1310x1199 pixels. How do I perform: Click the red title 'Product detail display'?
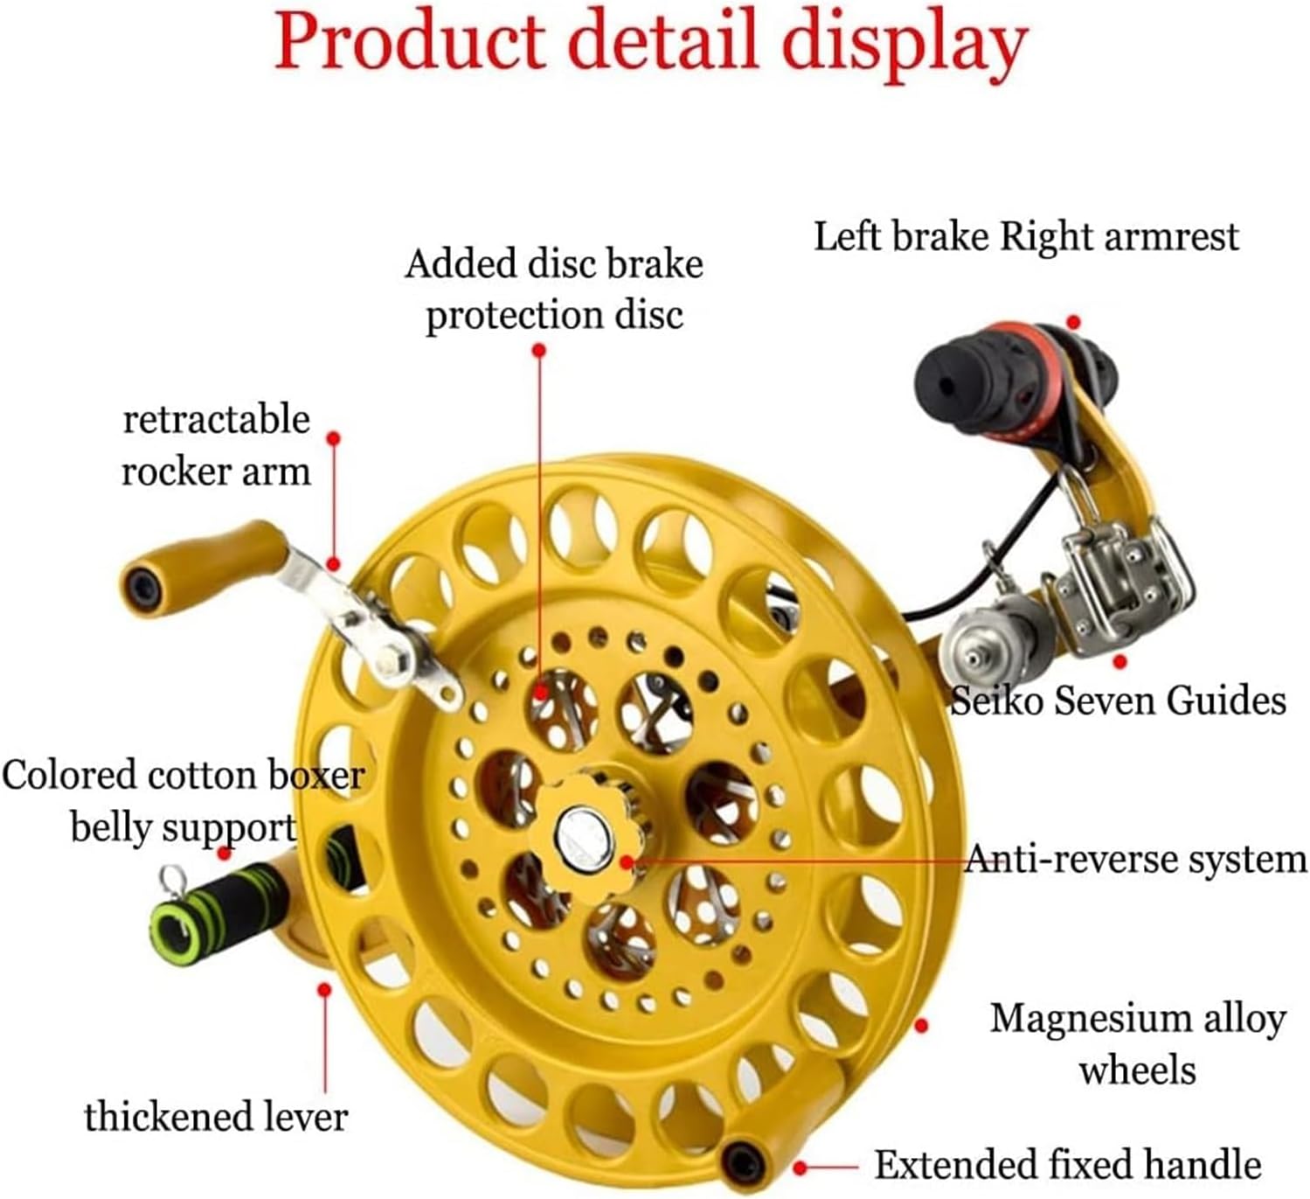point(651,41)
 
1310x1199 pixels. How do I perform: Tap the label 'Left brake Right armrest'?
point(1026,236)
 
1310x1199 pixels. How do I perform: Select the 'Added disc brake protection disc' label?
point(554,289)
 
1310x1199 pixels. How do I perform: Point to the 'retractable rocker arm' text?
point(216,445)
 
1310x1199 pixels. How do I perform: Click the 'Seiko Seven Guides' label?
point(1118,701)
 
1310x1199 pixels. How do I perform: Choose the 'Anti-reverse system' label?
point(1135,859)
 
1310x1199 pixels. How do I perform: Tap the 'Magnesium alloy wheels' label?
point(1137,1043)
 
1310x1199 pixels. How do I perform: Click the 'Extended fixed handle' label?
point(1067,1165)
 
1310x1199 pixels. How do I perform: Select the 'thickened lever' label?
point(216,1116)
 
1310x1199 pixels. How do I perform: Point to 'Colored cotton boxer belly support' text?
point(183,800)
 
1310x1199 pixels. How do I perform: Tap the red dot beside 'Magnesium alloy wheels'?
point(920,1024)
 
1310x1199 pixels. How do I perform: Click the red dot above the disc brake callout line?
point(539,350)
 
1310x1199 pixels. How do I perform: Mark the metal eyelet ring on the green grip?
point(173,875)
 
